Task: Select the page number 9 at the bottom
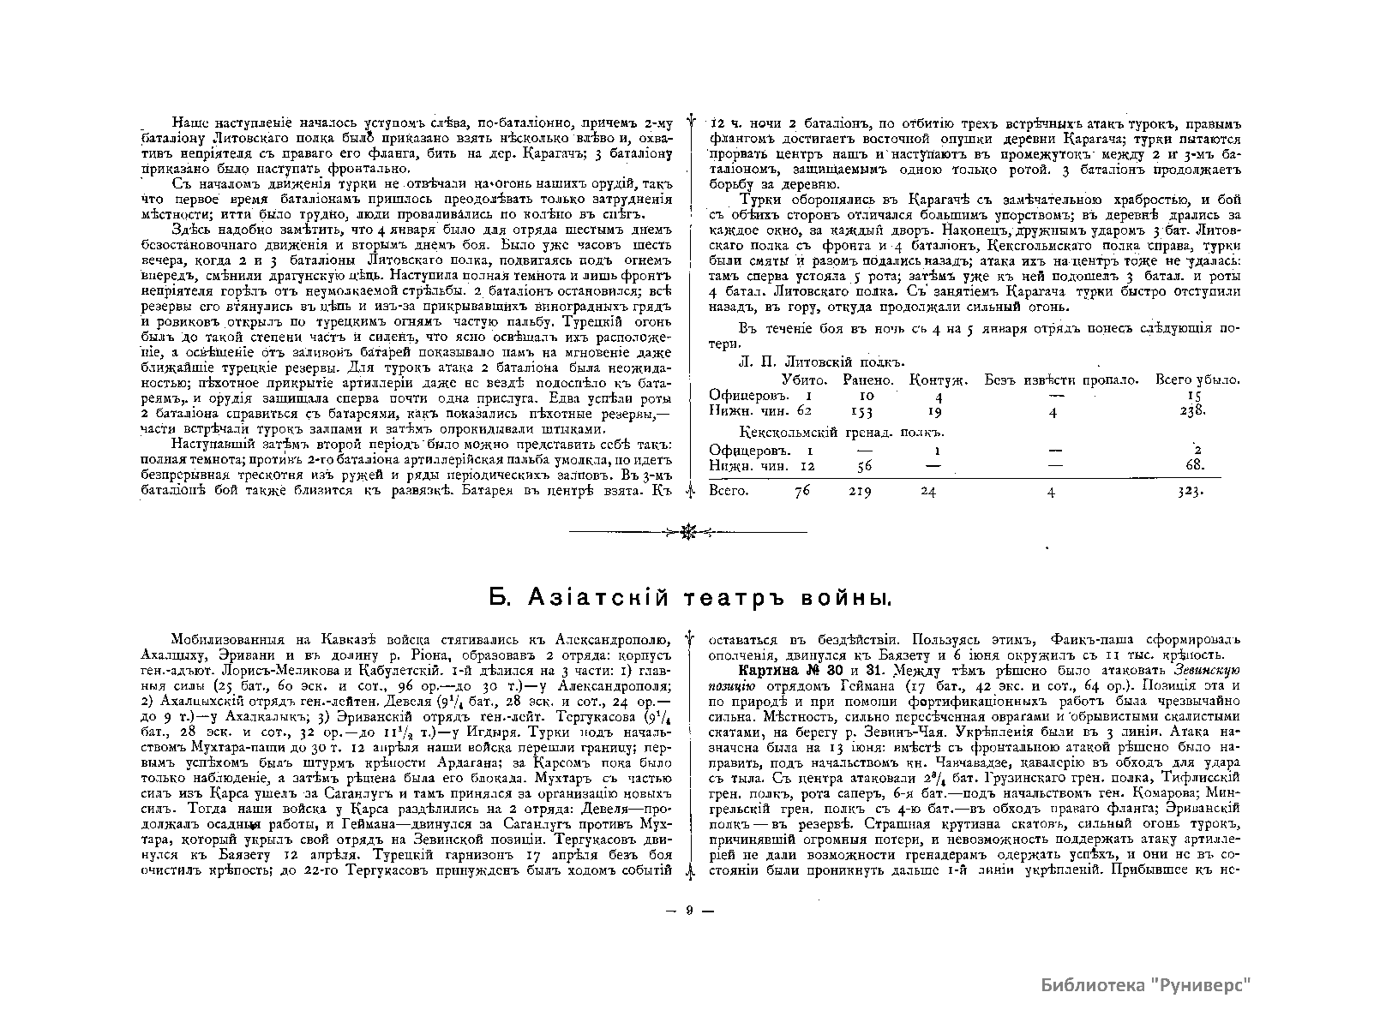pos(689,911)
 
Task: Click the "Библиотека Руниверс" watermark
pos(1146,983)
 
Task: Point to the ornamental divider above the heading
pos(688,532)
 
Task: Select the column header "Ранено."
pos(871,380)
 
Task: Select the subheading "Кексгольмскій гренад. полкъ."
pos(826,433)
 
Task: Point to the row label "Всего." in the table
pos(729,492)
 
